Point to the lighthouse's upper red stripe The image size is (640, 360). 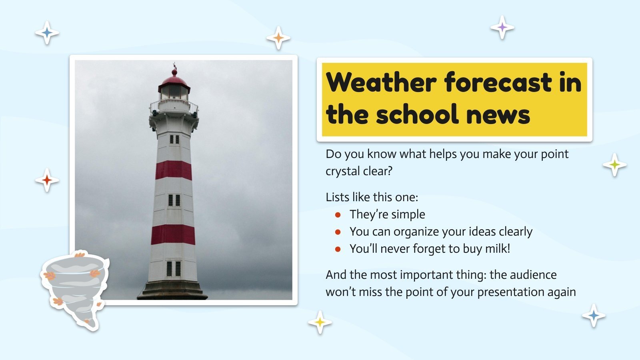tap(174, 170)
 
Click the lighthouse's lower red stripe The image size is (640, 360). tap(173, 234)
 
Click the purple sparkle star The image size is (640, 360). tap(502, 28)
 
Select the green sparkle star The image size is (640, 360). tap(614, 164)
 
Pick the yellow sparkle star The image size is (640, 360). tap(320, 322)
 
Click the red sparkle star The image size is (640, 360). tap(47, 180)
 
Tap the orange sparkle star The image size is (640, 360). tap(278, 38)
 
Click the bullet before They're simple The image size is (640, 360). tap(338, 215)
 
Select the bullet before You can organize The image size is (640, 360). tap(338, 232)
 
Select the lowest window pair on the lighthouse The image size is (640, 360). tap(174, 269)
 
